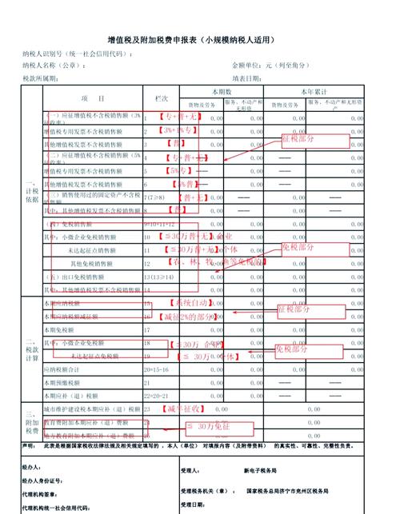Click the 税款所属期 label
[41, 78]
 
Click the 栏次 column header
[161, 99]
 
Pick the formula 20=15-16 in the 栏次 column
[155, 370]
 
